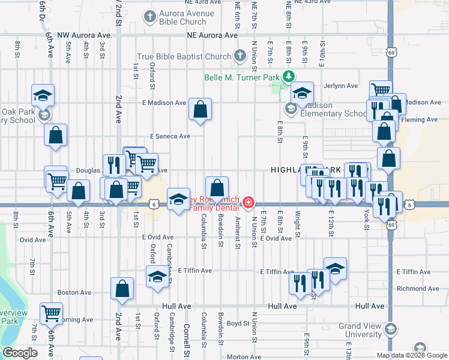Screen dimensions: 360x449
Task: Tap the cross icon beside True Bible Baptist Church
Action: click(x=240, y=56)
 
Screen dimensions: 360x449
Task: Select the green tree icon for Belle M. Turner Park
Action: click(x=289, y=76)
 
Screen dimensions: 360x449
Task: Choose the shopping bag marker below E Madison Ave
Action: click(x=200, y=110)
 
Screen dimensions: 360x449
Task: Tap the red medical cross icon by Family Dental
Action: click(x=248, y=203)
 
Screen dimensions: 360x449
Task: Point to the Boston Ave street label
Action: click(x=74, y=293)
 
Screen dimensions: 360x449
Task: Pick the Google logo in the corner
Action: click(x=20, y=353)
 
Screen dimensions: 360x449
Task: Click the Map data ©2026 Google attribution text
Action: click(x=411, y=355)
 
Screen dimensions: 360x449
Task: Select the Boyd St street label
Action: click(x=238, y=323)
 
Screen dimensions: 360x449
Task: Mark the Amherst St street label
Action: click(x=238, y=233)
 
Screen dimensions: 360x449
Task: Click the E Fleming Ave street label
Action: click(x=423, y=120)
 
